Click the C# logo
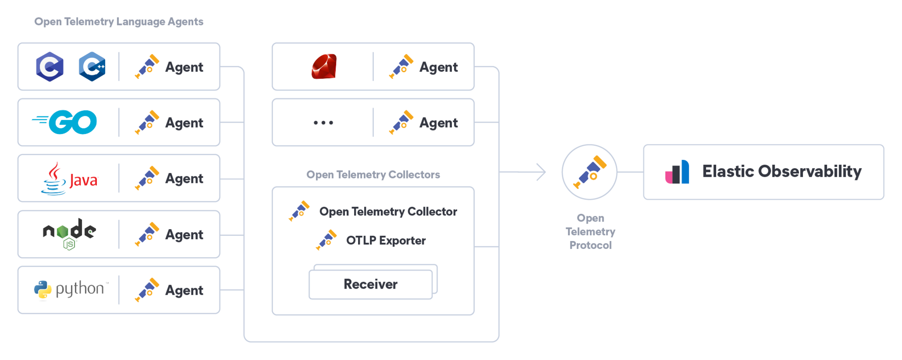(50, 67)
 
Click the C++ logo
(92, 67)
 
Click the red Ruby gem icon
(324, 67)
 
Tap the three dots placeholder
(323, 122)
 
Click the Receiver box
(370, 284)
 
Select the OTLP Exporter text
(386, 241)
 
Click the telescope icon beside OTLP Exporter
(327, 240)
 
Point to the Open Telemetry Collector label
(388, 212)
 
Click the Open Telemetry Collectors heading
(373, 174)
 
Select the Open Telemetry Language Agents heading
(119, 22)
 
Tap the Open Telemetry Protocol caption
(590, 232)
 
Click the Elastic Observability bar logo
(677, 172)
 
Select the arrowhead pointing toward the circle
(542, 172)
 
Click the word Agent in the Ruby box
(438, 67)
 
